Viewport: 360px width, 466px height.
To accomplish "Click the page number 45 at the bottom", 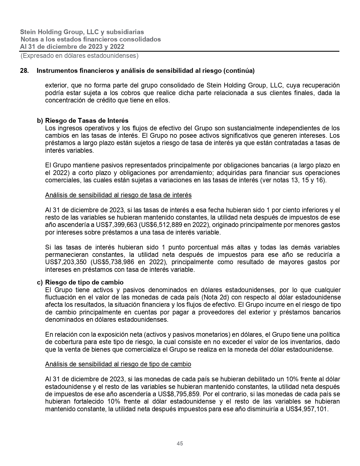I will point(180,443).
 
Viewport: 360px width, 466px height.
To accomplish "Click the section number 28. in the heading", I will point(24,71).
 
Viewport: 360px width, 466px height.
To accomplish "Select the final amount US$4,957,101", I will point(307,409).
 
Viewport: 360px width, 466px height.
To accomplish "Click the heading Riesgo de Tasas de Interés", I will point(87,121).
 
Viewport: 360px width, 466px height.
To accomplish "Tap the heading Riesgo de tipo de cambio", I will point(84,283).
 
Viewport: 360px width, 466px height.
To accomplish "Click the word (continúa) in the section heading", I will point(239,71).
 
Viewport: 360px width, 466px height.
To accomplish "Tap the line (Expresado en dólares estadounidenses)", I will point(79,56).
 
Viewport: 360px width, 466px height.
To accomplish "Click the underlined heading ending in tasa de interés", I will point(118,195).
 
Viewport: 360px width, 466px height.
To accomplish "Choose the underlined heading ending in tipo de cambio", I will point(118,364).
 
